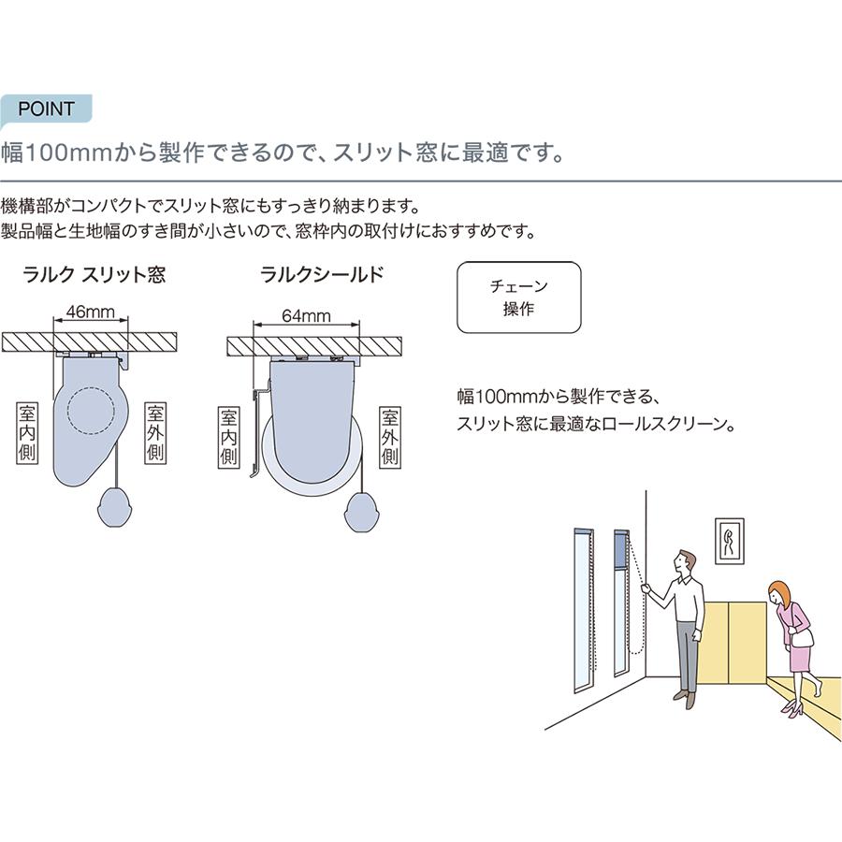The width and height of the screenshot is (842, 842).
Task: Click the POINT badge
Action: (46, 109)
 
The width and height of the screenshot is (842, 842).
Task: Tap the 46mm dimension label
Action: (90, 312)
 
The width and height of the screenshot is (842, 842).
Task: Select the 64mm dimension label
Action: (306, 316)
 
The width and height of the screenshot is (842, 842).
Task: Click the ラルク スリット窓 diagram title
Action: (94, 275)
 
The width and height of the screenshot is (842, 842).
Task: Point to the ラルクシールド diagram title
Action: (322, 275)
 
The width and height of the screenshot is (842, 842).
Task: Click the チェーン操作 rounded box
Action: (518, 298)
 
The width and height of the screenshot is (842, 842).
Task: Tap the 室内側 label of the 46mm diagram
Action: (27, 432)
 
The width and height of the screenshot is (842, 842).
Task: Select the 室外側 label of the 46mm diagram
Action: (155, 432)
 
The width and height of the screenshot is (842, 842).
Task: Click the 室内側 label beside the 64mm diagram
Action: (229, 438)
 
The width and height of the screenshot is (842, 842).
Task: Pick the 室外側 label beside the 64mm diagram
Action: (390, 438)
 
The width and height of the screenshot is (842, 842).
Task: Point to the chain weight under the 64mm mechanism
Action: (362, 512)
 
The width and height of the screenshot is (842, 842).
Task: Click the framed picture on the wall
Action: (729, 541)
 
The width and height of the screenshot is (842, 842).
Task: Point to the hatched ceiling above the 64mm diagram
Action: (314, 345)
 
